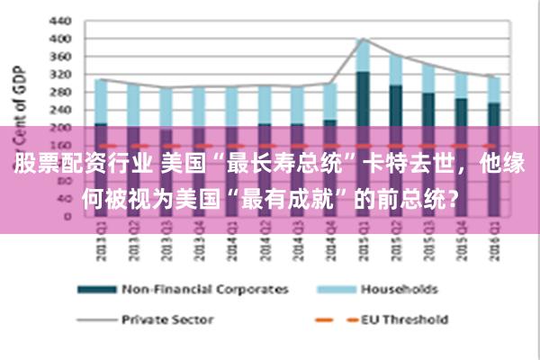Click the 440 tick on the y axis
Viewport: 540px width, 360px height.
point(59,20)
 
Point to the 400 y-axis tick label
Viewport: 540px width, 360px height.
point(59,40)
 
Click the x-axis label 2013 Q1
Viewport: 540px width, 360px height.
point(101,244)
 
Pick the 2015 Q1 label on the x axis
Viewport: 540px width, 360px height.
point(362,244)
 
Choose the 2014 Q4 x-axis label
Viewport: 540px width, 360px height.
point(329,244)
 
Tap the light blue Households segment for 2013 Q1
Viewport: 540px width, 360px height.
point(101,102)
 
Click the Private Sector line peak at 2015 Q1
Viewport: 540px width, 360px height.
point(362,39)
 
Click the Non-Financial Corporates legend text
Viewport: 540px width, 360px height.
point(205,289)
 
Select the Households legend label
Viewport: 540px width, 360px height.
point(399,289)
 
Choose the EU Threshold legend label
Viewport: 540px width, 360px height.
point(404,318)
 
